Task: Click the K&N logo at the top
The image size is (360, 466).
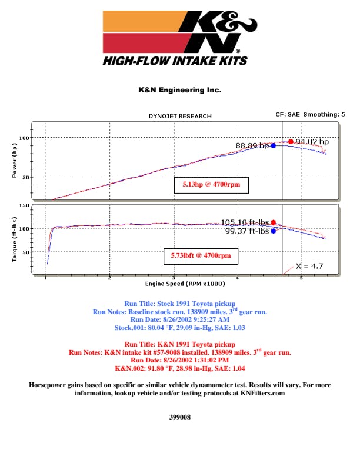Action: [x=179, y=38]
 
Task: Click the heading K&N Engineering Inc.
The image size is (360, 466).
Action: [x=179, y=90]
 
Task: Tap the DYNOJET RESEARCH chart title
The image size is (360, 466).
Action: [x=179, y=116]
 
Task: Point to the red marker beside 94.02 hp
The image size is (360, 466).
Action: [x=291, y=142]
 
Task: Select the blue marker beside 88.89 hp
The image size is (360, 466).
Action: [x=274, y=145]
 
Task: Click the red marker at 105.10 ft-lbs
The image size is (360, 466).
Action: [x=274, y=222]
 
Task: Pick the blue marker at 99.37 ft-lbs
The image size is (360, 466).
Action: [x=274, y=231]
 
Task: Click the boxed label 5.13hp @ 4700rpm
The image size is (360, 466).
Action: [x=211, y=185]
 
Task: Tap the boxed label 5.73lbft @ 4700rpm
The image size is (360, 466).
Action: [x=201, y=256]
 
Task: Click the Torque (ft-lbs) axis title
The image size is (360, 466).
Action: [x=14, y=239]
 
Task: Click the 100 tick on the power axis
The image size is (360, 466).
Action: [x=24, y=138]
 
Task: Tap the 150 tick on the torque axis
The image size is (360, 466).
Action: [x=24, y=205]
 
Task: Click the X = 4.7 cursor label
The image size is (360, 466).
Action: [x=309, y=266]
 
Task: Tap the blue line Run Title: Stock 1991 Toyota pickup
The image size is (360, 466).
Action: [x=179, y=303]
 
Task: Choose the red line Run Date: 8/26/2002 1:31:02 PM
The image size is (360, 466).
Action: [x=179, y=360]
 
